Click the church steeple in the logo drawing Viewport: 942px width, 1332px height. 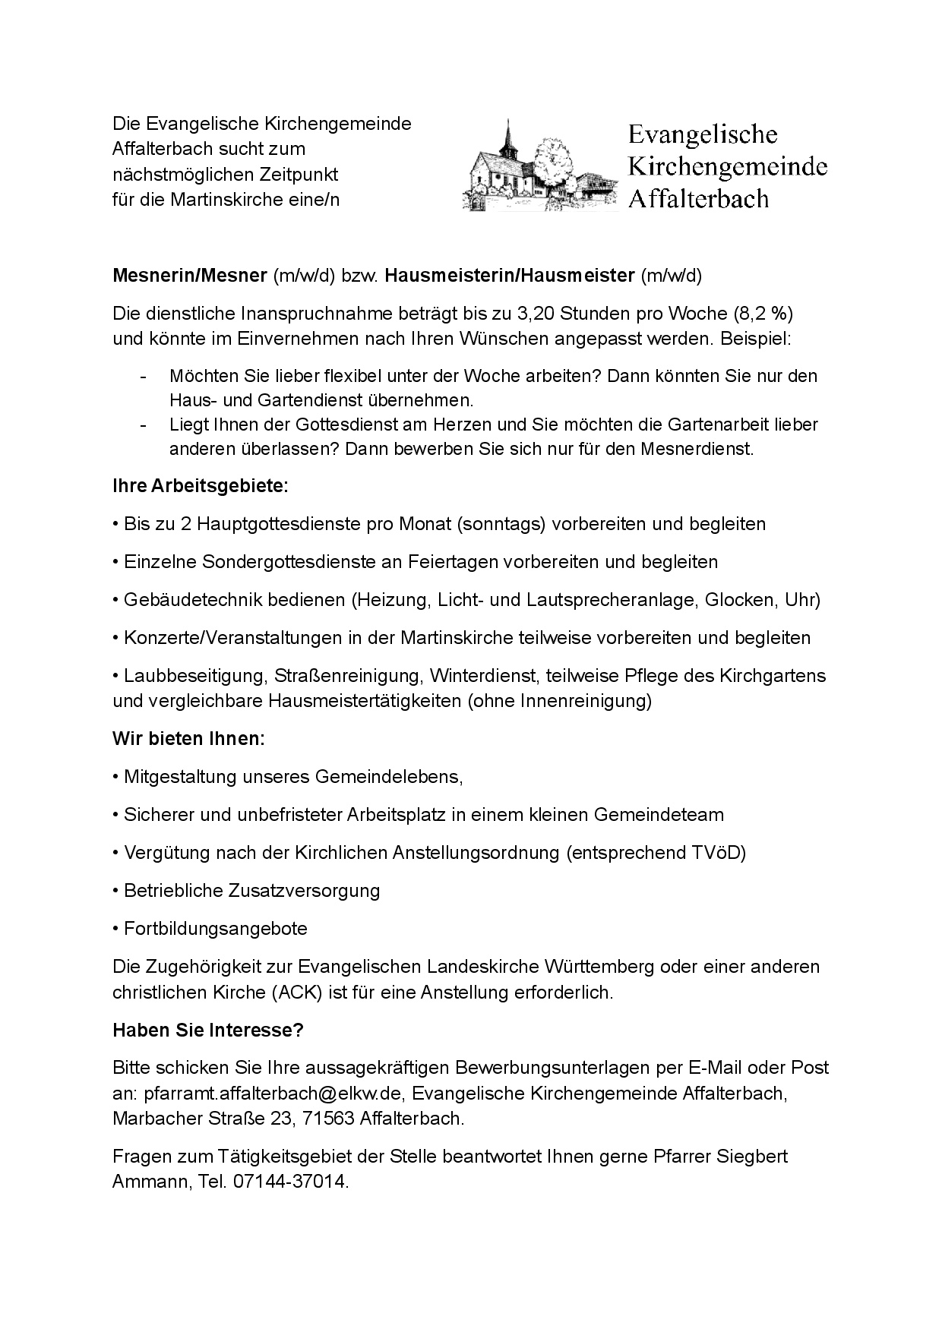coord(507,137)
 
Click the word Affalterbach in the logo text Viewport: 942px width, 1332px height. coord(698,199)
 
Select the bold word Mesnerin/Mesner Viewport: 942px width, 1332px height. coord(190,276)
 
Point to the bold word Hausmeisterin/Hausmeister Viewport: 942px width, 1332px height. coord(509,276)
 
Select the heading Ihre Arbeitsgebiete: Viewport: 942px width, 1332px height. coord(201,486)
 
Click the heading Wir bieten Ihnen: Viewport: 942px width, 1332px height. coord(188,739)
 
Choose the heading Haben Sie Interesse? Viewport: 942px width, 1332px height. coord(208,1031)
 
